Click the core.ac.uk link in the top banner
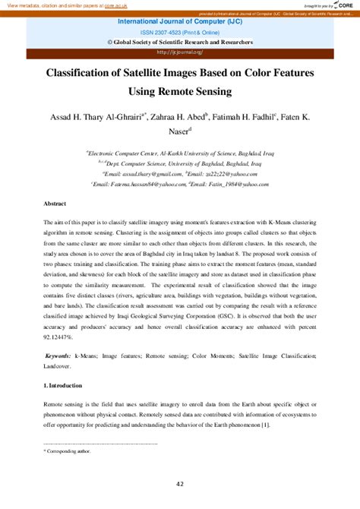point(112,5)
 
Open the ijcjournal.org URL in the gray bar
point(179,52)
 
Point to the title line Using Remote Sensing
point(180,93)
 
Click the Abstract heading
point(57,205)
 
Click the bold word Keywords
point(58,356)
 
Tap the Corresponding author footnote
point(69,451)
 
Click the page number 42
point(179,484)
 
